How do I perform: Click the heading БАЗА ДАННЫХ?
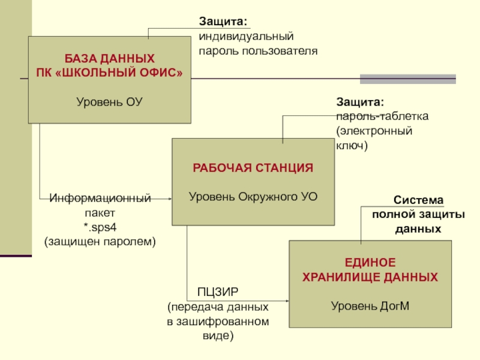[109, 59]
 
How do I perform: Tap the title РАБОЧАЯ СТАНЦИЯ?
[253, 168]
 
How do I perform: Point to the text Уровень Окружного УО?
[253, 196]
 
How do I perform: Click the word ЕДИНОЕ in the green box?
[370, 263]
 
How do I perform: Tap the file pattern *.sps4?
[100, 227]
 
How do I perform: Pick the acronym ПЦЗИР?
[218, 292]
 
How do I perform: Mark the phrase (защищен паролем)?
[100, 241]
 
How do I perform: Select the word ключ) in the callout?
[351, 145]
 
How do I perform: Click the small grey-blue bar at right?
[407, 79]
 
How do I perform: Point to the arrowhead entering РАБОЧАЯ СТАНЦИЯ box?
[170, 198]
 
